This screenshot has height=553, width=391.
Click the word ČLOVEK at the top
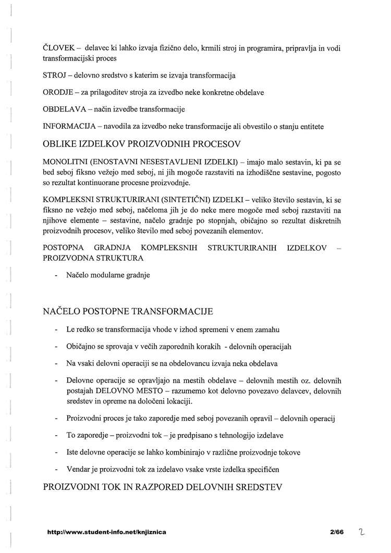[58, 48]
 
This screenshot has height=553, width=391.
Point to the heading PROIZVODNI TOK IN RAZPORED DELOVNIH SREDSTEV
[162, 488]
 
